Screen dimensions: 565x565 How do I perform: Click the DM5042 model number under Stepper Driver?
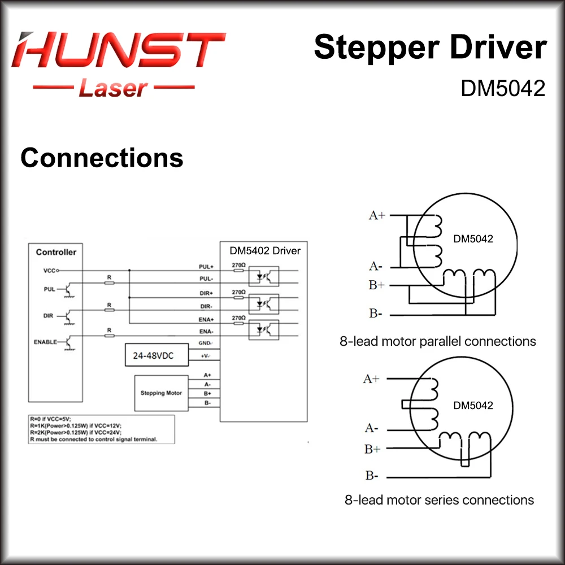click(503, 88)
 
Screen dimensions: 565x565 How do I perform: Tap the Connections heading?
click(102, 158)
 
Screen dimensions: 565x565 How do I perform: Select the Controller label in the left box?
click(56, 252)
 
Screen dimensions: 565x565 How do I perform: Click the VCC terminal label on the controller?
click(50, 271)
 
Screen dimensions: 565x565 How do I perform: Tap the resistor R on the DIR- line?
click(110, 310)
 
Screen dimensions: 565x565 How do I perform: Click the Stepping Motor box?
click(161, 393)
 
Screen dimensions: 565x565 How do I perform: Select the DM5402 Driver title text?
click(265, 250)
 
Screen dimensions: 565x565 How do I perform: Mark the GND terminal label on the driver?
click(205, 344)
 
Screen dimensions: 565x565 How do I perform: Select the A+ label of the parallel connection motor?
click(377, 215)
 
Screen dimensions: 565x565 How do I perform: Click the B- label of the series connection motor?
click(371, 476)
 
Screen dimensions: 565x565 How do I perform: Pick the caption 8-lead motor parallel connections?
click(437, 341)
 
